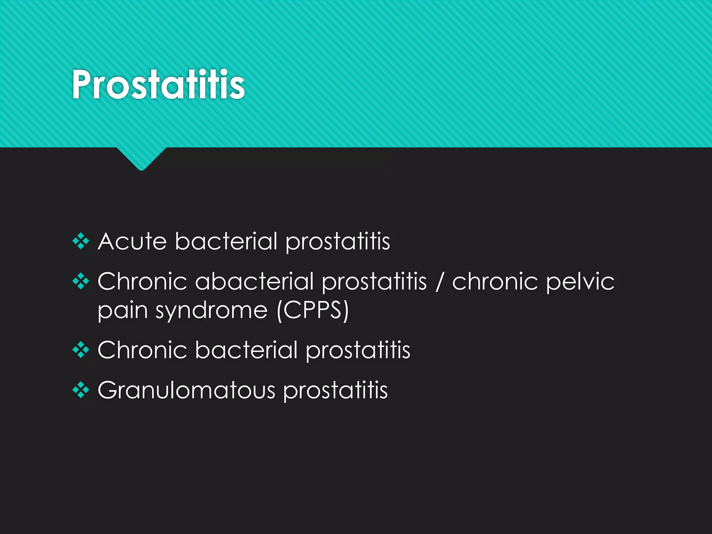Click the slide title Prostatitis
158,84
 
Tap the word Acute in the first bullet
132,241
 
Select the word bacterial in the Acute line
226,241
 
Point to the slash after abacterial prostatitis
439,282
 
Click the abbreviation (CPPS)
313,310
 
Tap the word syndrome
211,311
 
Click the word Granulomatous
186,390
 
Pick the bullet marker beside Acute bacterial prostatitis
81,241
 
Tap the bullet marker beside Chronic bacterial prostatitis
81,350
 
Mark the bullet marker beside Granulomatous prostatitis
81,390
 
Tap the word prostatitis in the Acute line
338,242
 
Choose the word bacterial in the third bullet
246,350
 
